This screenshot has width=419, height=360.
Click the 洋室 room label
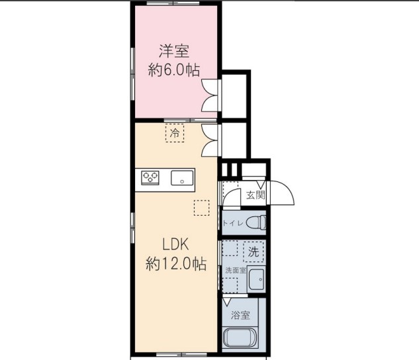(x=174, y=50)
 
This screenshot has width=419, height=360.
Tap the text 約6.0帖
(x=174, y=69)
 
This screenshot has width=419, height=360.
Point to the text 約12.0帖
(x=175, y=263)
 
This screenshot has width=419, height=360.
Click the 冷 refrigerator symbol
(x=175, y=133)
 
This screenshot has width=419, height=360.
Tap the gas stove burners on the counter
(x=151, y=177)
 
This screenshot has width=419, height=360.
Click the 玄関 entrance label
(x=256, y=195)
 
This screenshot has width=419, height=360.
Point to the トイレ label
(x=233, y=223)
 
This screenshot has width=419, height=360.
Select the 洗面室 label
(x=235, y=270)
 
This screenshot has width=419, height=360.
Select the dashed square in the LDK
(x=201, y=207)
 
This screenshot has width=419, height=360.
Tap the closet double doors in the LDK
(x=210, y=138)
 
